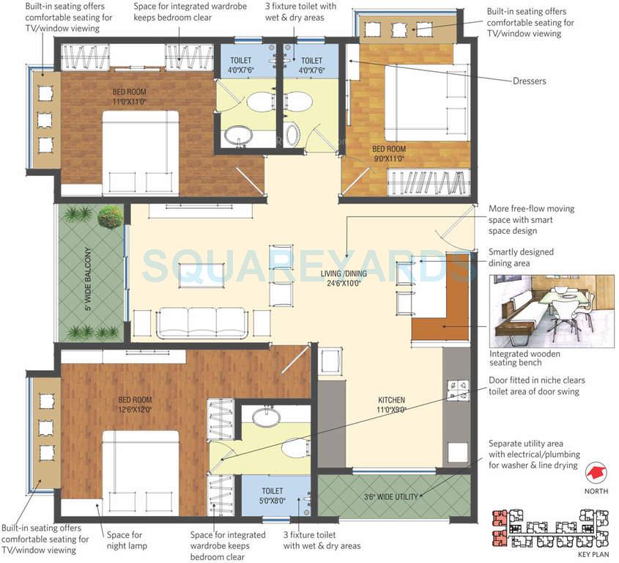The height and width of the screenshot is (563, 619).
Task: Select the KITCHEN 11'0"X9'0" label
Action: [390, 405]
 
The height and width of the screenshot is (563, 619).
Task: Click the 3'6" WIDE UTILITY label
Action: [391, 497]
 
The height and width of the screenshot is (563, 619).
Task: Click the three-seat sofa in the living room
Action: [202, 322]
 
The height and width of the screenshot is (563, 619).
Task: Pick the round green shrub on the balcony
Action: [110, 216]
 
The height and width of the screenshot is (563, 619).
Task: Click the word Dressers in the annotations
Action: [529, 81]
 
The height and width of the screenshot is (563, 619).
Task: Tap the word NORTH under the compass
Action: [596, 492]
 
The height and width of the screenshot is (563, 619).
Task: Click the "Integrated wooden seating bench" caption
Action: [526, 358]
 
